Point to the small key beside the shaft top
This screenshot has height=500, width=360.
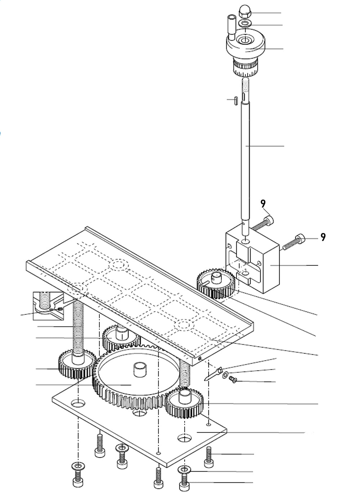[x=234, y=100]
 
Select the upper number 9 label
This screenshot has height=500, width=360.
[x=263, y=204]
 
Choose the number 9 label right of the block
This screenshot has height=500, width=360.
[x=323, y=237]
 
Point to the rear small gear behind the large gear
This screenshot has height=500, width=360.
[x=121, y=338]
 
